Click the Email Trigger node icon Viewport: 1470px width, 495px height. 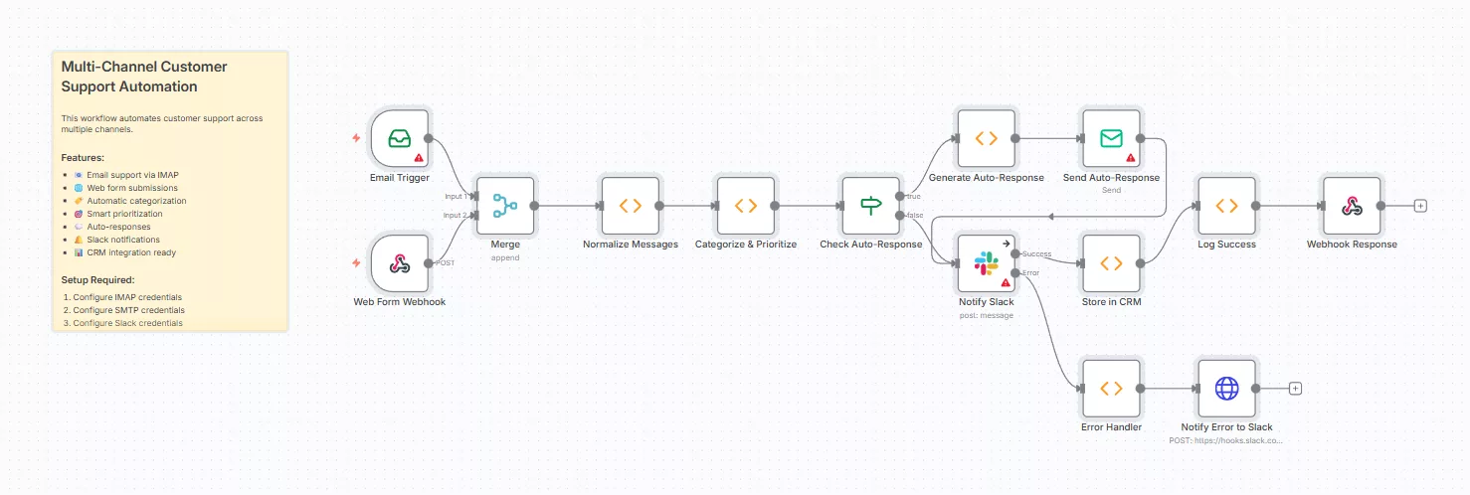400,139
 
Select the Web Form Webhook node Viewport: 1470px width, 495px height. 400,263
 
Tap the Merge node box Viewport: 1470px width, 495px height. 505,206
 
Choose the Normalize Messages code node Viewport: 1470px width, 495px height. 631,206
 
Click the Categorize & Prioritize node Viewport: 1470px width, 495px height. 746,206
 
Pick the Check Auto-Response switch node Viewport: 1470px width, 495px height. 871,206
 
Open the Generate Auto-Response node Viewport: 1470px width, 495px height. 987,139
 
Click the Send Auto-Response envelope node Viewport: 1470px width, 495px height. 1111,139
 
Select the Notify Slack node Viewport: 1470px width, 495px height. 987,263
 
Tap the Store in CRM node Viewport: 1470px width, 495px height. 1111,263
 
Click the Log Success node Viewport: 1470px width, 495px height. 1227,206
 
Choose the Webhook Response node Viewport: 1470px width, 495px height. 1352,206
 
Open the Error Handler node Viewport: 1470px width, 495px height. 1111,389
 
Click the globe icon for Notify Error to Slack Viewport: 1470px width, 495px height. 1227,389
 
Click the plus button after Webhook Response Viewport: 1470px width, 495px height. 1420,206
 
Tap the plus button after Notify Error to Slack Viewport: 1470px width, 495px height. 1295,389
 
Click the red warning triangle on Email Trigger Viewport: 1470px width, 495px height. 419,158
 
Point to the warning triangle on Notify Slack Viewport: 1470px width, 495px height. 1006,282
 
